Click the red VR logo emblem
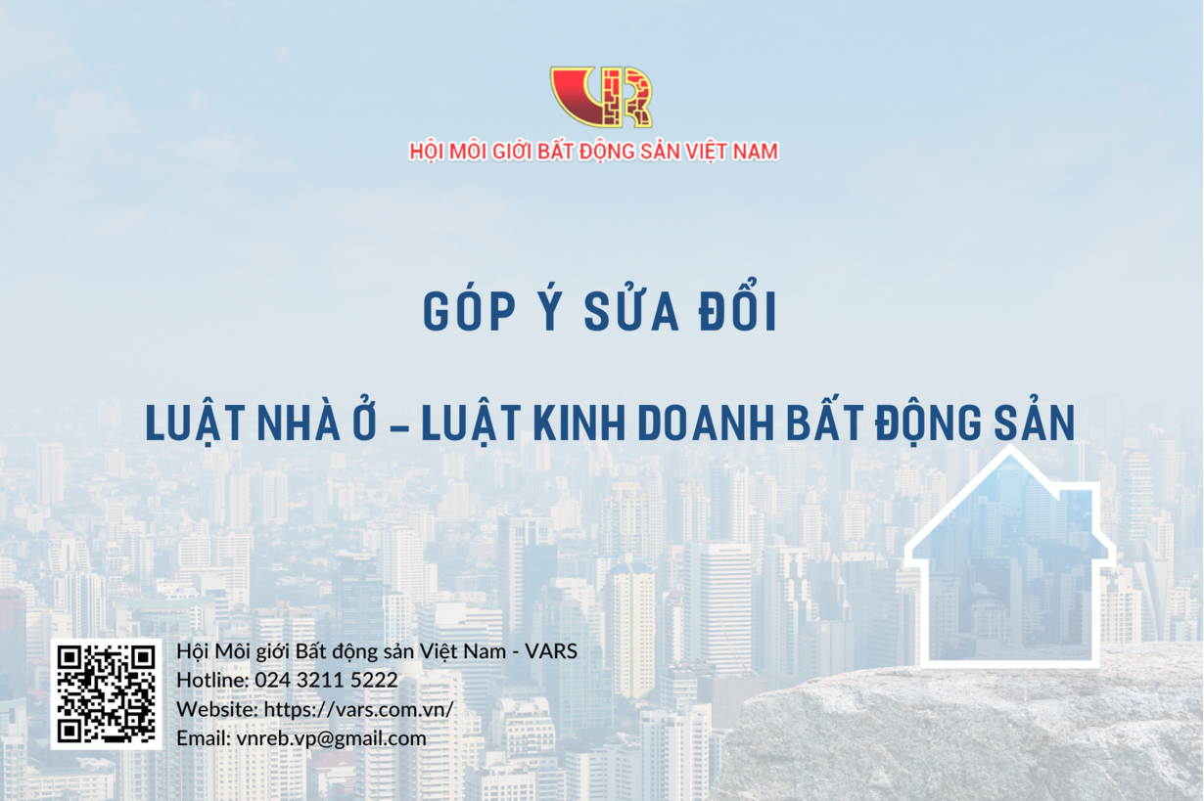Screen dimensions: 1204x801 (x=601, y=97)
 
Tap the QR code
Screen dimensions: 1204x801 (x=106, y=694)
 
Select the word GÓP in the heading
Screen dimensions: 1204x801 (x=469, y=312)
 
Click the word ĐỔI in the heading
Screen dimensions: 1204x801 (x=737, y=305)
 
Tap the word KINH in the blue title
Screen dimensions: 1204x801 (x=579, y=423)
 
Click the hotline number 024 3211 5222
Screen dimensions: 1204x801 (x=326, y=680)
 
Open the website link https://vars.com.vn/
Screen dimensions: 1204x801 (x=358, y=709)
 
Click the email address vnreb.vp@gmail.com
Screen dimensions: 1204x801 (x=331, y=738)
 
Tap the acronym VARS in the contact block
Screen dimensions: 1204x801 (x=551, y=651)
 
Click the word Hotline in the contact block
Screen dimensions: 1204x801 (x=212, y=680)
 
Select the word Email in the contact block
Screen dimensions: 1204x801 (x=203, y=738)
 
